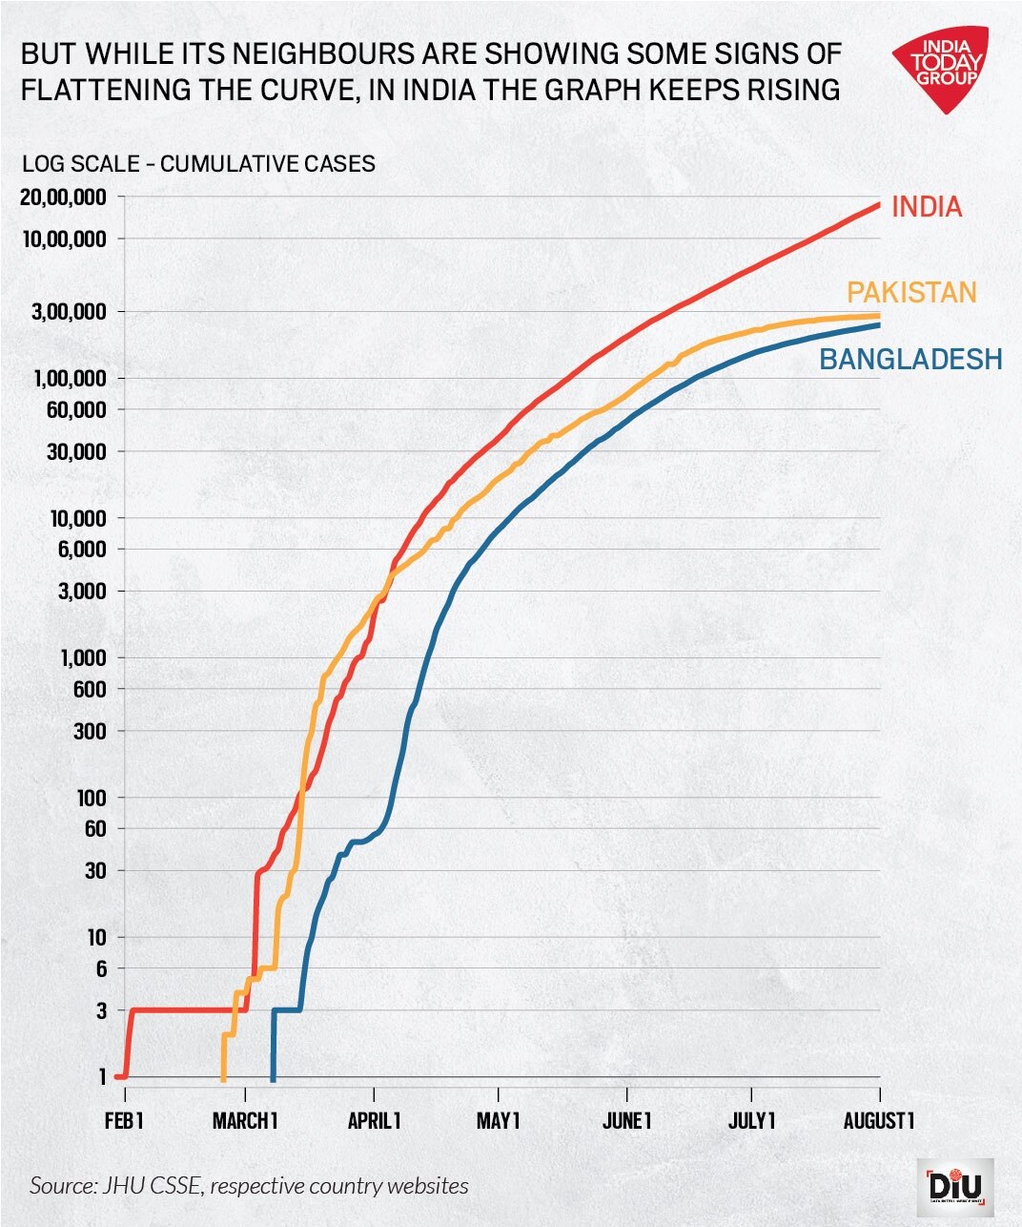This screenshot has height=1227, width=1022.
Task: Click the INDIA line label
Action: click(926, 207)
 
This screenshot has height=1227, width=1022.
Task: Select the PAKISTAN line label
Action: click(911, 292)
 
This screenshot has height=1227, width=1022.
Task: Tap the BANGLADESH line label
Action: click(910, 359)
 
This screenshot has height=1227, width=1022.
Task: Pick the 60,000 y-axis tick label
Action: click(75, 409)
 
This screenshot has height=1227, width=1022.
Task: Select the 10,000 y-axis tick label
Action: click(75, 518)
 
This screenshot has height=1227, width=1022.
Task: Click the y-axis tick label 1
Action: click(101, 1076)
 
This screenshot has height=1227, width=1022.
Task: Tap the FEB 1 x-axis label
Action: click(124, 1120)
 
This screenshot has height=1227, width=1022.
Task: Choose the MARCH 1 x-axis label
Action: click(245, 1120)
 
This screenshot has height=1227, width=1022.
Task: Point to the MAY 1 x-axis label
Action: click(498, 1120)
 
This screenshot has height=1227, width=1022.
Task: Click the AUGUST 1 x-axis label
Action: click(878, 1120)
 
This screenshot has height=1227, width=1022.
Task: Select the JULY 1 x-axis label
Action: click(751, 1120)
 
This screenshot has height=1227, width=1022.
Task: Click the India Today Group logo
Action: click(942, 67)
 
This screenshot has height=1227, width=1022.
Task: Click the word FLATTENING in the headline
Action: click(106, 90)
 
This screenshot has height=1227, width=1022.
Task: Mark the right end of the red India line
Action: click(877, 204)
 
